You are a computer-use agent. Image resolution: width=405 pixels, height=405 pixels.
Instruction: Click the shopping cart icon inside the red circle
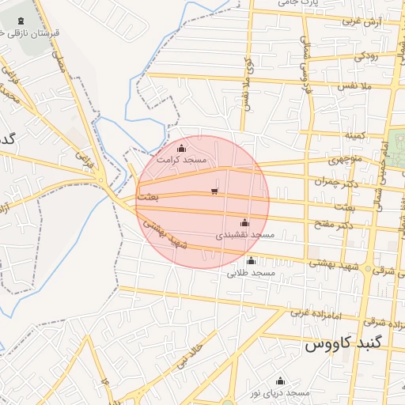coord(214,191)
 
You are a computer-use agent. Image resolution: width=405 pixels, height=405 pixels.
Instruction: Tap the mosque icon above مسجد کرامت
coord(182,148)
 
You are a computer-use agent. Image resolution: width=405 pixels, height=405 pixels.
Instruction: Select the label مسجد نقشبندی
coord(244,236)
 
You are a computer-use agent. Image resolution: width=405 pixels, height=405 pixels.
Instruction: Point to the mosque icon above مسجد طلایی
coord(252,261)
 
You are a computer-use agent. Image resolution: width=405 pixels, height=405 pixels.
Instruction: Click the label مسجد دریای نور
coord(279,393)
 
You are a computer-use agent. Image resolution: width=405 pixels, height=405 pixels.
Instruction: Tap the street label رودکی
coord(366,56)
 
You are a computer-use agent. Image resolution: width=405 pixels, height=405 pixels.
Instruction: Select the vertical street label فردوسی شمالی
coord(305,61)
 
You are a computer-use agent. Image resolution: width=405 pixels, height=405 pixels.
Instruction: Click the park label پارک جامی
coord(300,4)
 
